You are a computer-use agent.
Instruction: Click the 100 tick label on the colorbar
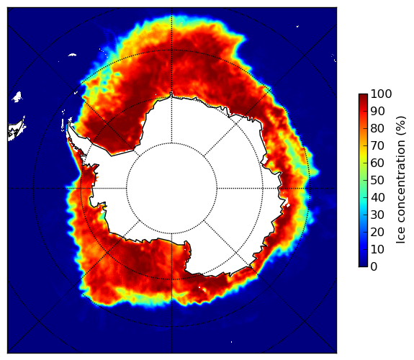tap(381, 94)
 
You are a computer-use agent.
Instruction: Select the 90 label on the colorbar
tap(377, 111)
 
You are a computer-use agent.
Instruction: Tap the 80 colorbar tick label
tap(377, 128)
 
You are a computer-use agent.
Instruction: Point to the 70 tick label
tap(377, 145)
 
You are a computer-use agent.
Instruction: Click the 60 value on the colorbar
tap(377, 163)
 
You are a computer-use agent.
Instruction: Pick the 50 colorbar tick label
tap(377, 180)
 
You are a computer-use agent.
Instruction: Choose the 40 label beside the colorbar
tap(377, 197)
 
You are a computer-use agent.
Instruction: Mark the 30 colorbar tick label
tap(377, 215)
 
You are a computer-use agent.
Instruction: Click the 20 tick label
tap(377, 232)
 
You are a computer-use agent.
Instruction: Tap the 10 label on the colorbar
tap(377, 249)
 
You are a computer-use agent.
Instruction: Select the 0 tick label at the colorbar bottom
tap(374, 266)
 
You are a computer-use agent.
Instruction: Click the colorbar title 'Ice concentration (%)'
tap(401, 180)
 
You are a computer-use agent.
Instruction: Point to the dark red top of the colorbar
tap(363, 96)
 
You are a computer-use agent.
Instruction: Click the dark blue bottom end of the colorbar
tap(363, 265)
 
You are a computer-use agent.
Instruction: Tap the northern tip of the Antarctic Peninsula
tap(69, 123)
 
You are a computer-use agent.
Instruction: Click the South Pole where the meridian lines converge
tap(171, 189)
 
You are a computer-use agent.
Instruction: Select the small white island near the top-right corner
tap(297, 26)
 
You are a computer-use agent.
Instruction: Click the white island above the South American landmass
tap(17, 96)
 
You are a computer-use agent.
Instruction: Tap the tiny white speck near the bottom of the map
tap(232, 342)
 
